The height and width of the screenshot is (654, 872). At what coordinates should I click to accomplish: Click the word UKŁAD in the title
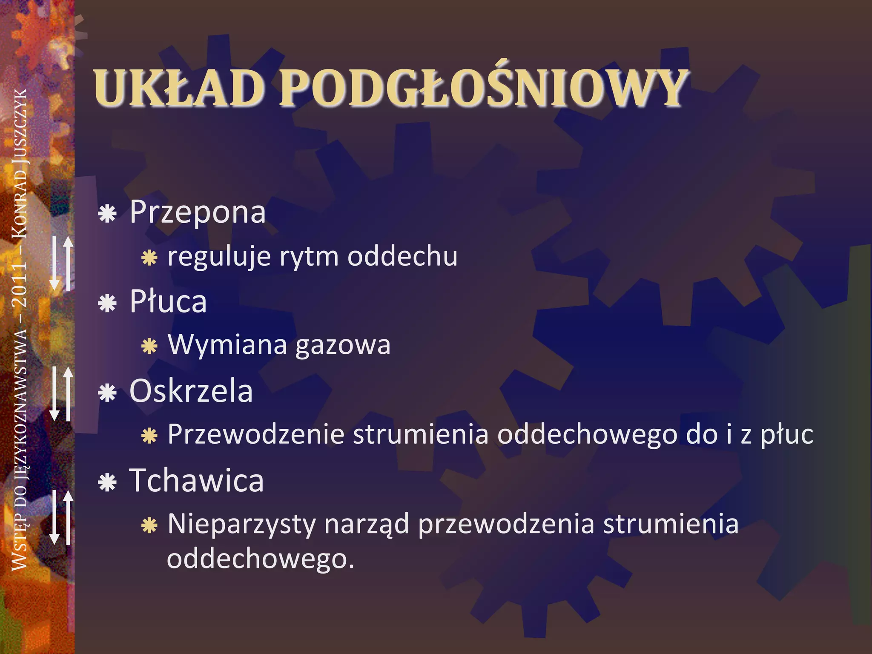179,88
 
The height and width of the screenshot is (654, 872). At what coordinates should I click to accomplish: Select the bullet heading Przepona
198,212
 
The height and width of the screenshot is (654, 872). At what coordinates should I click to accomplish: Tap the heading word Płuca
168,301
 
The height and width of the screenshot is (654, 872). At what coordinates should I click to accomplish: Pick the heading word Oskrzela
191,391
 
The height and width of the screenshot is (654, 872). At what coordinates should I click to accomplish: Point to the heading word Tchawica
196,480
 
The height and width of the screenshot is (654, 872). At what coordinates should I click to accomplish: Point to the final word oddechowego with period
261,559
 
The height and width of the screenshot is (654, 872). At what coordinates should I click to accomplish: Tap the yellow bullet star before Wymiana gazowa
149,346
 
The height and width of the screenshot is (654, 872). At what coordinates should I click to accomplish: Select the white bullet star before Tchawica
107,482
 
